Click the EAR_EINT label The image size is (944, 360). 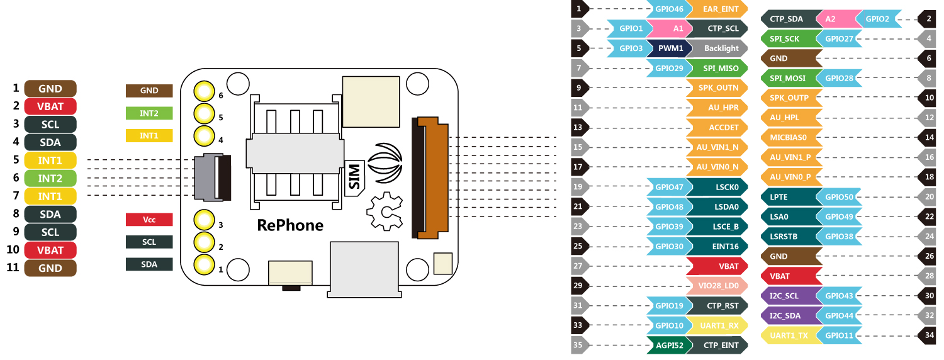pos(717,9)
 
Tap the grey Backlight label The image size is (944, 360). pos(717,48)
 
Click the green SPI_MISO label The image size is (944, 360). pos(717,68)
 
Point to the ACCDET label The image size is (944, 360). pos(717,127)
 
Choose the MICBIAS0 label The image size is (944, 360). pos(790,137)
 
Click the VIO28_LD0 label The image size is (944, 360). pos(717,286)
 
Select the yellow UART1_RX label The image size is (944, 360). pos(717,325)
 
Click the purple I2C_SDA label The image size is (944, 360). pos(789,315)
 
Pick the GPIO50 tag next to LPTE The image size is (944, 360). pos(840,197)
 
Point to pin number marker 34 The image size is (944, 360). pos(929,335)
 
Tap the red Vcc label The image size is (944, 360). pos(149,220)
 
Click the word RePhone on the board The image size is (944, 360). pos(290,225)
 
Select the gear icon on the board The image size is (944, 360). pos(385,212)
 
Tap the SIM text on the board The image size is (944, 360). pos(354,177)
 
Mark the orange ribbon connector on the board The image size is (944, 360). pos(431,177)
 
